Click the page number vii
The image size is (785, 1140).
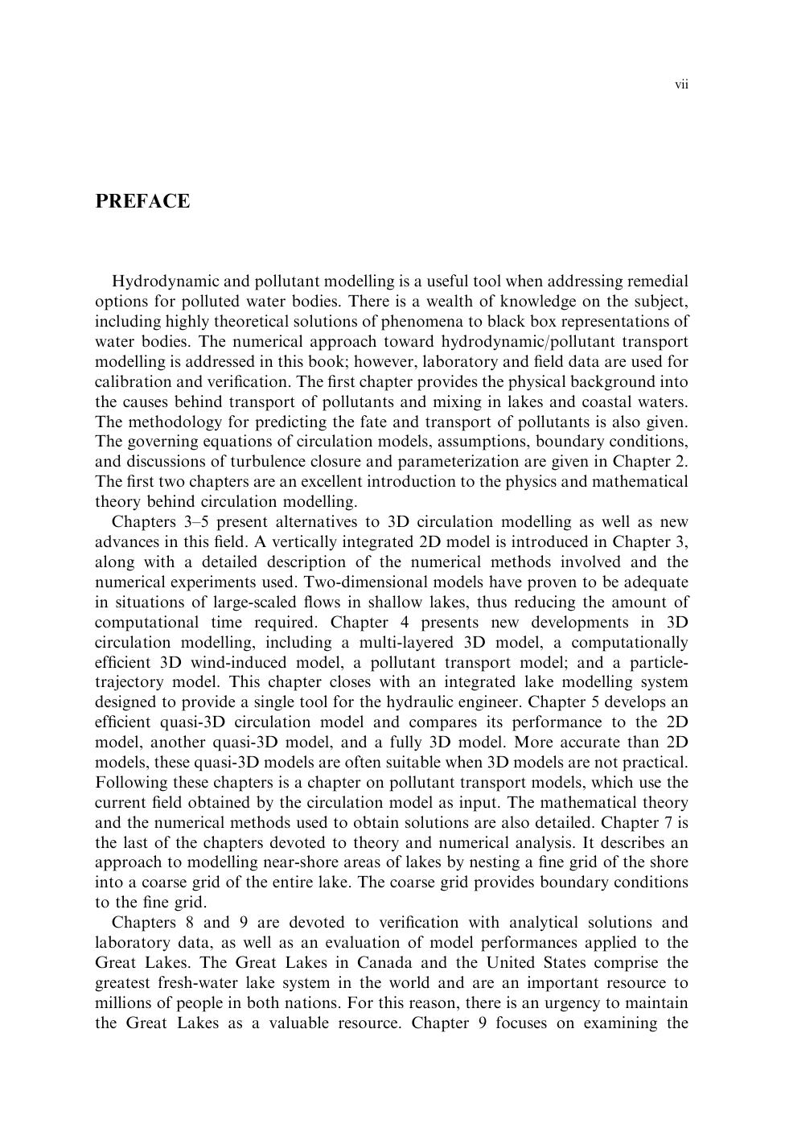coord(681,84)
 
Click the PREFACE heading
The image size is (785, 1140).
coord(142,201)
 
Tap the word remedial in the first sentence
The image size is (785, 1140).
coord(657,282)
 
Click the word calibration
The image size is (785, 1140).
coord(129,381)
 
